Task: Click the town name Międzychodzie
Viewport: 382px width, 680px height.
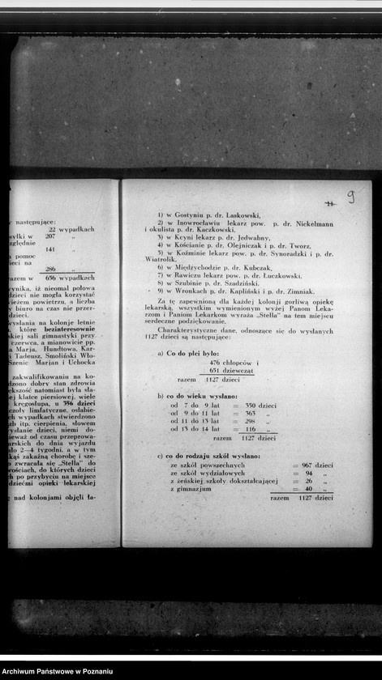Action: coord(198,267)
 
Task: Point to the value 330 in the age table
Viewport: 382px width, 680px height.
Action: coord(251,406)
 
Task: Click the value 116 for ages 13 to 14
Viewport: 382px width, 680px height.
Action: coord(251,429)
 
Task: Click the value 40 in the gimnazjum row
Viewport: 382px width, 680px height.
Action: coord(307,490)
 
